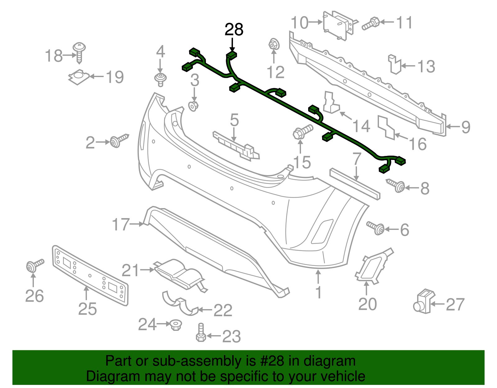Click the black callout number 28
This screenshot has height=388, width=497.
pos(234,30)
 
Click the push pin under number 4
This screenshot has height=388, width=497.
pos(160,79)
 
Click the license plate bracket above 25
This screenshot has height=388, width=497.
pos(90,275)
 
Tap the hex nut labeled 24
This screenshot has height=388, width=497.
pos(176,325)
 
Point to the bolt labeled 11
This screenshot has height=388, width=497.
pos(371,24)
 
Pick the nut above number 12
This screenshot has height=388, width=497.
pos(274,44)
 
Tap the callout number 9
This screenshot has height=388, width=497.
pos(465,127)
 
